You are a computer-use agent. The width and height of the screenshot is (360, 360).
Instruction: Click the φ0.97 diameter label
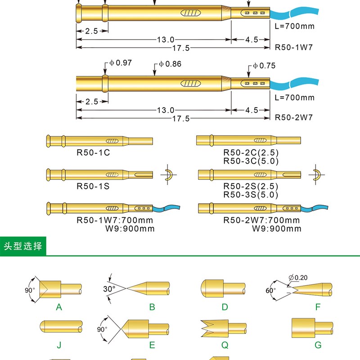pyautogui.click(x=121, y=63)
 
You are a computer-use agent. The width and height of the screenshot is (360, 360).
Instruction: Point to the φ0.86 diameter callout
pyautogui.click(x=171, y=64)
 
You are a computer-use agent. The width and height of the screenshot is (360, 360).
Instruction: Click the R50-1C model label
pyautogui.click(x=93, y=153)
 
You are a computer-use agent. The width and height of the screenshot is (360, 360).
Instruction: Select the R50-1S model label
pyautogui.click(x=93, y=185)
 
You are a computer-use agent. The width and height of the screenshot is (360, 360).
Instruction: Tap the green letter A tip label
pyautogui.click(x=58, y=307)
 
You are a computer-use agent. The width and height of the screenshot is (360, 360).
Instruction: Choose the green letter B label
pyautogui.click(x=152, y=307)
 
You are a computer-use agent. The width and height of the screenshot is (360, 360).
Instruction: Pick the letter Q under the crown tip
pyautogui.click(x=225, y=345)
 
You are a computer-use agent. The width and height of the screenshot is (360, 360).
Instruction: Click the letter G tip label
pyautogui.click(x=318, y=345)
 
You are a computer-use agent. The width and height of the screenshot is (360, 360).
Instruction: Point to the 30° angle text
pyautogui.click(x=109, y=288)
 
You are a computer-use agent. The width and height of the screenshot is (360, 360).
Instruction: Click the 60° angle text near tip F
pyautogui.click(x=270, y=291)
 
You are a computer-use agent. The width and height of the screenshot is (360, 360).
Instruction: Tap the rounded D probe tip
pyautogui.click(x=212, y=288)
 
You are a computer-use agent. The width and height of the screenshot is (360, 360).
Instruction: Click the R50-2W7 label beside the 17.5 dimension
pyautogui.click(x=293, y=118)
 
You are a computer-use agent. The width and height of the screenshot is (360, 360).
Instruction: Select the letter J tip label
pyautogui.click(x=59, y=345)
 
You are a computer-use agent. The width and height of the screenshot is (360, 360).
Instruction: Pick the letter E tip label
pyautogui.click(x=152, y=345)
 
